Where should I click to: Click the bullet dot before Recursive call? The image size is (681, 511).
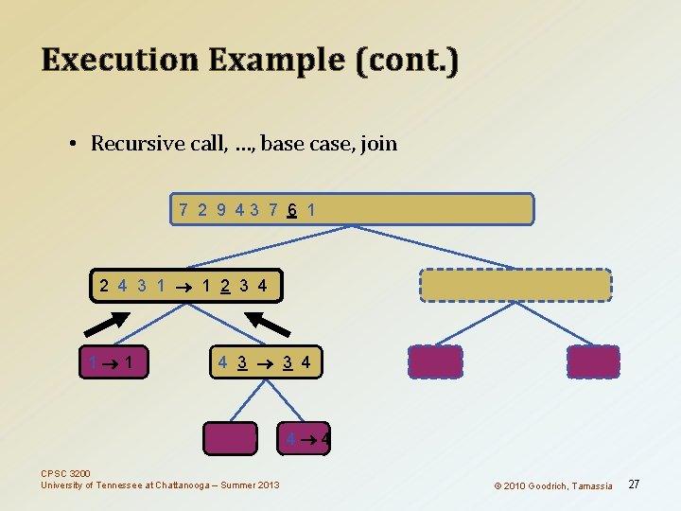72,145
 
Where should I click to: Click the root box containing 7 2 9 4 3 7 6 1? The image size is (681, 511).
352,209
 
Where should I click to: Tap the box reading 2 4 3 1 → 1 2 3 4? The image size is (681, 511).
185,284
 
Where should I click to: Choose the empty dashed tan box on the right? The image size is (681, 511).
515,284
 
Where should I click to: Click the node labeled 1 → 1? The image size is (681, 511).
116,361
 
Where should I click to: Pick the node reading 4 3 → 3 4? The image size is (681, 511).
265,361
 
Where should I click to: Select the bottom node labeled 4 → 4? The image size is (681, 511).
307,439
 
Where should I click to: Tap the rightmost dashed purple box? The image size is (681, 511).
593,361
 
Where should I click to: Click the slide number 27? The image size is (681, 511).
634,485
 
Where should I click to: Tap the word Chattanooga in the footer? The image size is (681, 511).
188,485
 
